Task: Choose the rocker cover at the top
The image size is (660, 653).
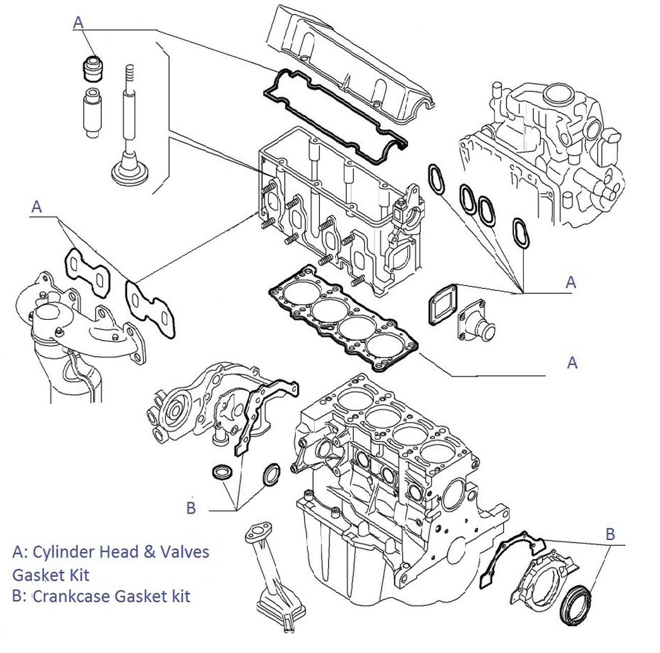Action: (x=350, y=56)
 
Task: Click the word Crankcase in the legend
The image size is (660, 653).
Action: (x=73, y=595)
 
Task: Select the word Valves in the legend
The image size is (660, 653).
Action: (x=184, y=551)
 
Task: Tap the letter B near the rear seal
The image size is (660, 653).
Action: (x=610, y=534)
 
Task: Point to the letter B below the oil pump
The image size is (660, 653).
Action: (x=191, y=508)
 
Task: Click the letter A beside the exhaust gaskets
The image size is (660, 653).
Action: (x=37, y=207)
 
